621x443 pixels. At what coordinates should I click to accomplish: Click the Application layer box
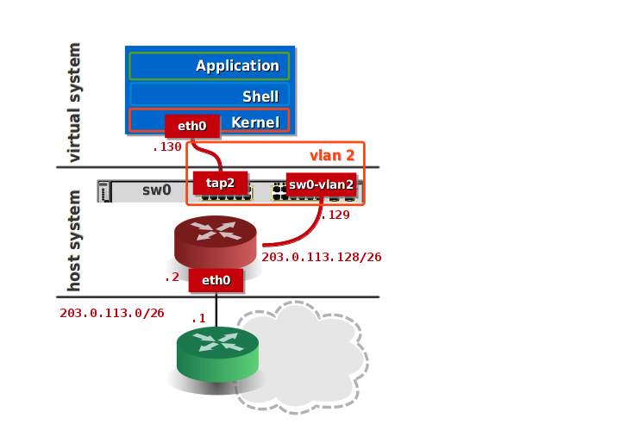pyautogui.click(x=209, y=66)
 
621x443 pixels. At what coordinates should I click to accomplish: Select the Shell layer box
pyautogui.click(x=209, y=95)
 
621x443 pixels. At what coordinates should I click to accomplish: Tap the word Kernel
pyautogui.click(x=255, y=122)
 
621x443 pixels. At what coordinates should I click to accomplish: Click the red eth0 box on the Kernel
pyautogui.click(x=191, y=126)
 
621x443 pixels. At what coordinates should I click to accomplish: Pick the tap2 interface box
pyautogui.click(x=220, y=183)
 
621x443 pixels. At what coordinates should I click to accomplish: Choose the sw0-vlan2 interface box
pyautogui.click(x=321, y=184)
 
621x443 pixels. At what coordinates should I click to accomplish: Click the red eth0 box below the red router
pyautogui.click(x=216, y=279)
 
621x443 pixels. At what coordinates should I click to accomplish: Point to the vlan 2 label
pyautogui.click(x=332, y=155)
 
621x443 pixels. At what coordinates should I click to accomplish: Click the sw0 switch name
pyautogui.click(x=156, y=190)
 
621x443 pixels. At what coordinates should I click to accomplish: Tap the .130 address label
pyautogui.click(x=167, y=147)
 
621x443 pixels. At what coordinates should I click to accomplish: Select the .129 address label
pyautogui.click(x=336, y=215)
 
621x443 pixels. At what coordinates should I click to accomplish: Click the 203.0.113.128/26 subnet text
pyautogui.click(x=322, y=257)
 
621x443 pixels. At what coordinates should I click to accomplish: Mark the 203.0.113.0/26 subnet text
pyautogui.click(x=112, y=313)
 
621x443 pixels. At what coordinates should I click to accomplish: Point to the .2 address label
pyautogui.click(x=172, y=278)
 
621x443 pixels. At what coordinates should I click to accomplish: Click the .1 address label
pyautogui.click(x=198, y=319)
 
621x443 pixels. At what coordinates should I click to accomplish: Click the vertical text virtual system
pyautogui.click(x=74, y=102)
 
